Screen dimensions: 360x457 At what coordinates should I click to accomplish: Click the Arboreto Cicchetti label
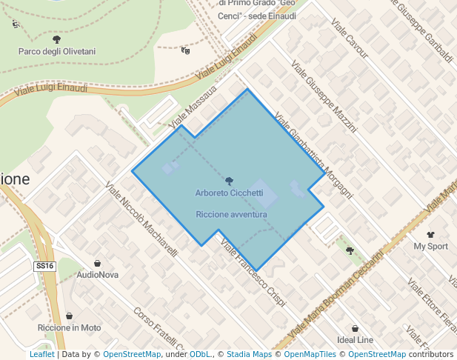(229, 193)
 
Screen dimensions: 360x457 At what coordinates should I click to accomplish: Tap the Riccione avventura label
(231, 214)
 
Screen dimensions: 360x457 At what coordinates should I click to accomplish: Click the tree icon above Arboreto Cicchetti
(229, 181)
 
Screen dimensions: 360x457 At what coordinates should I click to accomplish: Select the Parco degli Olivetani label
(56, 51)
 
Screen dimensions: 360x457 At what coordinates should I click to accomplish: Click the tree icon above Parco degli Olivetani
(56, 39)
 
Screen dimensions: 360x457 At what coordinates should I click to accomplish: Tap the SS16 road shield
(45, 265)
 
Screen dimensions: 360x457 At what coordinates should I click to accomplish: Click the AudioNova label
(98, 275)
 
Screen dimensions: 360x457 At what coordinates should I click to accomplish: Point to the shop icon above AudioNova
(98, 263)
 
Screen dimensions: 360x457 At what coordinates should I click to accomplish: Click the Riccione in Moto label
(69, 327)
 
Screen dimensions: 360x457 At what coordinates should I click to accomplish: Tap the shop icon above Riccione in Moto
(69, 316)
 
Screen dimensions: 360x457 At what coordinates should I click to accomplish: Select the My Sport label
(430, 246)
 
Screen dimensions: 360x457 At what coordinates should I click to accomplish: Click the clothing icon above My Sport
(430, 234)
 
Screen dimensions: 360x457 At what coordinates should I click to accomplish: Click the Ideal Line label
(355, 340)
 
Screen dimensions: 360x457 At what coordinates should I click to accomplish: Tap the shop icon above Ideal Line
(355, 328)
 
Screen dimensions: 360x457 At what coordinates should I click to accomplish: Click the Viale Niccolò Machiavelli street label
(141, 219)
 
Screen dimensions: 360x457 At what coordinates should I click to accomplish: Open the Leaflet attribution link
(41, 355)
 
